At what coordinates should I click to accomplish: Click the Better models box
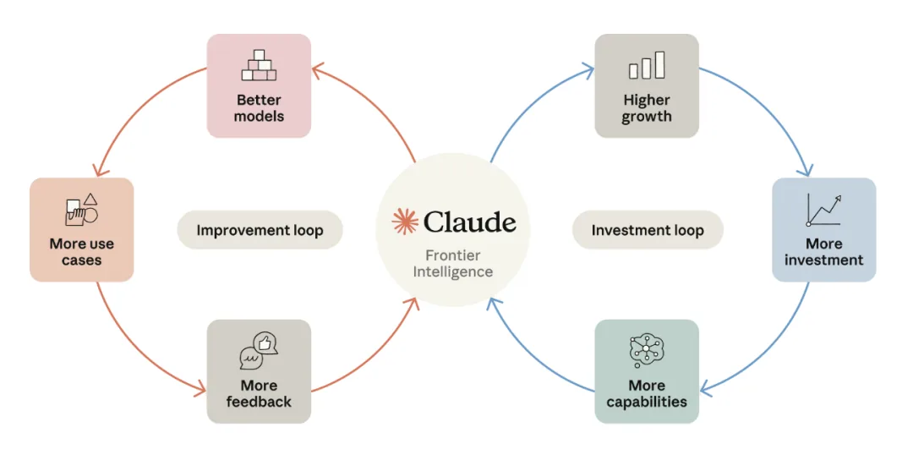click(260, 85)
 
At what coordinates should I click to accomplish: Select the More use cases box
click(81, 229)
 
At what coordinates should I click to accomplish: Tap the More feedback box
click(260, 371)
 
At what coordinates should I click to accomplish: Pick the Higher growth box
click(647, 85)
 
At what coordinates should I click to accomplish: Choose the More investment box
click(824, 229)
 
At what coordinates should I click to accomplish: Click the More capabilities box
click(647, 371)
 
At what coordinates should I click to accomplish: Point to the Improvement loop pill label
click(260, 230)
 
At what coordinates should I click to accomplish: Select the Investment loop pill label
click(648, 230)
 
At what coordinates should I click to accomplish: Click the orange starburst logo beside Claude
click(405, 222)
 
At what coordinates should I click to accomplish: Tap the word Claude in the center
click(469, 222)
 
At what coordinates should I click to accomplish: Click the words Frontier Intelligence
click(453, 263)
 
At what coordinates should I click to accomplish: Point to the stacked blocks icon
click(260, 64)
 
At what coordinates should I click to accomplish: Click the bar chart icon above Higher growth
click(647, 64)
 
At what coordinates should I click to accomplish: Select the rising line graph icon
click(824, 210)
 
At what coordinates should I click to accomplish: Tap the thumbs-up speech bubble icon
click(260, 351)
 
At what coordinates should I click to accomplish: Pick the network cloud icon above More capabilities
click(647, 351)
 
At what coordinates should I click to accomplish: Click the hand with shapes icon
click(81, 210)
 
